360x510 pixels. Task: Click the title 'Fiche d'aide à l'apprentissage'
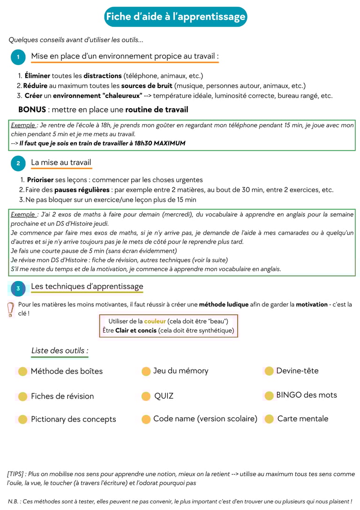click(176, 17)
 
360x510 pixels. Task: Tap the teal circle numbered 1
click(18, 57)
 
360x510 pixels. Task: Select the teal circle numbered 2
click(18, 163)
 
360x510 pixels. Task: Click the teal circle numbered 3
click(18, 288)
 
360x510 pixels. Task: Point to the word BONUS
click(32, 110)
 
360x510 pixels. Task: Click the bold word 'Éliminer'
click(37, 75)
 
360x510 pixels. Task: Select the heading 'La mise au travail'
click(61, 163)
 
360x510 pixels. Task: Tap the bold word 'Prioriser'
click(40, 180)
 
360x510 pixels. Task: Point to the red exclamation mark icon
click(10, 309)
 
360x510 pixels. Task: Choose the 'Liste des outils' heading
click(60, 350)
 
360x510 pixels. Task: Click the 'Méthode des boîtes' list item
click(67, 371)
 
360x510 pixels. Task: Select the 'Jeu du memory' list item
click(180, 370)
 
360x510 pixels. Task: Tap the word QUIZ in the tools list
click(164, 396)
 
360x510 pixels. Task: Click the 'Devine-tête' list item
click(297, 370)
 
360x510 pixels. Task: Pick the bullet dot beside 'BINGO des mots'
click(269, 396)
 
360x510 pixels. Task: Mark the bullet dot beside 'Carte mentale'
click(269, 419)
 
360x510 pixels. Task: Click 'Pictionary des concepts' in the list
click(73, 419)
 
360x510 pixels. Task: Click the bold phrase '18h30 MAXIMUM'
click(159, 143)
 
